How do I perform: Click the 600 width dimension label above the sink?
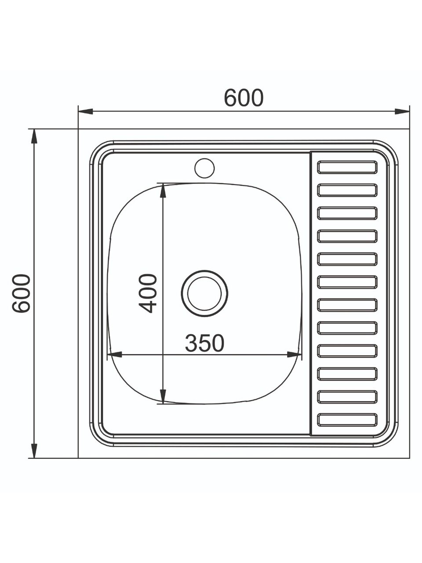[244, 98]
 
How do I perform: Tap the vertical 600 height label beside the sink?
[21, 293]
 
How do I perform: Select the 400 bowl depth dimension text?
[147, 293]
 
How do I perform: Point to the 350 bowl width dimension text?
[204, 343]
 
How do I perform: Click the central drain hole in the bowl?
[204, 293]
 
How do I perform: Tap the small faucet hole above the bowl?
[204, 168]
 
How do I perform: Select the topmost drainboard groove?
[347, 167]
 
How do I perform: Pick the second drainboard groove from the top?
[347, 190]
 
